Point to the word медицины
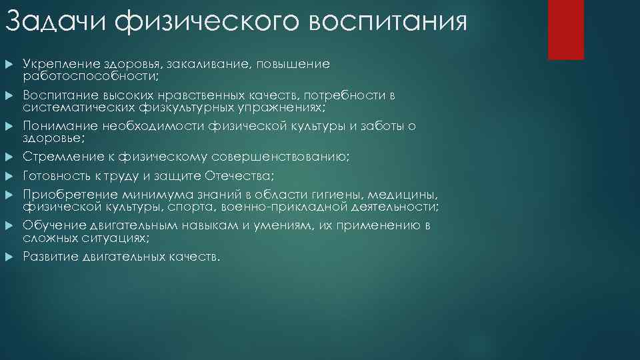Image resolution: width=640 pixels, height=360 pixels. pos(406,195)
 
